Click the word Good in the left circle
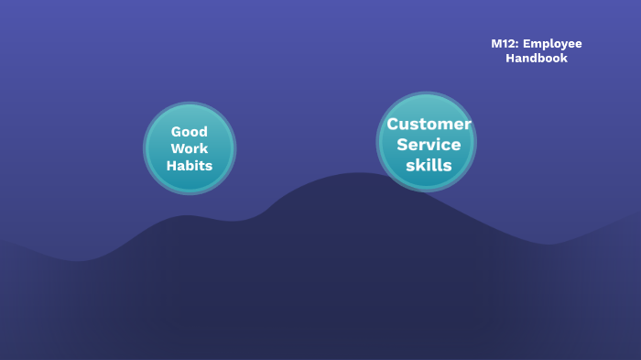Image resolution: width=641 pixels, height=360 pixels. [x=190, y=132]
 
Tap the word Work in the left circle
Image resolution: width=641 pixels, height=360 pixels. [x=190, y=148]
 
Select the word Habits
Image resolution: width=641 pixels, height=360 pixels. [x=190, y=166]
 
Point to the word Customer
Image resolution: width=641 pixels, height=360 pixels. [x=429, y=125]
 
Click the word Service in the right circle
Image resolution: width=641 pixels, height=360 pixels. [x=429, y=145]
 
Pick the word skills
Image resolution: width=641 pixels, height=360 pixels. [x=429, y=166]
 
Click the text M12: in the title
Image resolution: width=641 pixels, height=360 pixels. [x=505, y=44]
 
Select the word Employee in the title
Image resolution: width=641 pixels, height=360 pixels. [x=552, y=44]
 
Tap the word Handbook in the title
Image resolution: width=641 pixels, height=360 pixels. [x=537, y=59]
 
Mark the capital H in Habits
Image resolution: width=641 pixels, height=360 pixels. [x=171, y=166]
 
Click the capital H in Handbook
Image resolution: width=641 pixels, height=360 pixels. [x=510, y=59]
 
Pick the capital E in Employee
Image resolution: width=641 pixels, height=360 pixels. [x=527, y=44]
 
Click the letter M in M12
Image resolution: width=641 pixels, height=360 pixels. [x=495, y=44]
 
